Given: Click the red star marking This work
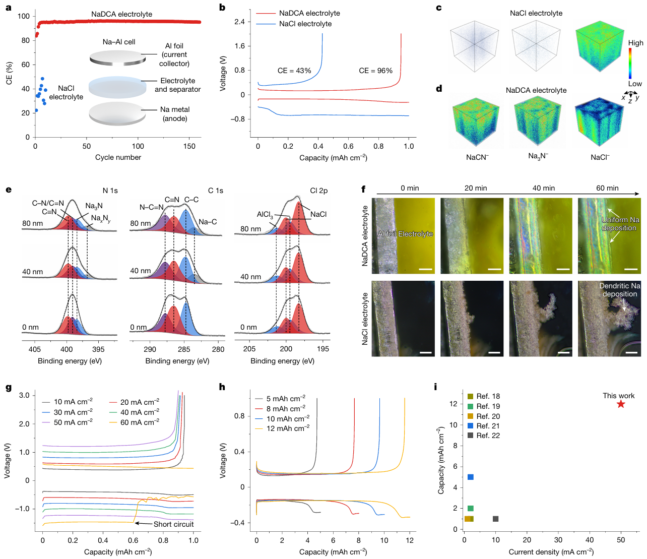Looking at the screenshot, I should pos(621,404).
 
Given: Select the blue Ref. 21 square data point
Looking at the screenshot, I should pos(471,477).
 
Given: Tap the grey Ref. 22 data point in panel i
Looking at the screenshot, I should pos(496,519).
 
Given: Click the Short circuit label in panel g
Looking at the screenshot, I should pos(173,524).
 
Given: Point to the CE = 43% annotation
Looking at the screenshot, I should pos(294,71).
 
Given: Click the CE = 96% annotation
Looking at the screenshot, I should pos(375,71).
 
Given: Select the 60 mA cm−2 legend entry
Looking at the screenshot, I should pos(140,422).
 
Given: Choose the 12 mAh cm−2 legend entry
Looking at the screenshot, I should pos(288,428).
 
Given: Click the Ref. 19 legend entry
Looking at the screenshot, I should pos(488,406).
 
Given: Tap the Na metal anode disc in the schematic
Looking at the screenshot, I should pos(117,113).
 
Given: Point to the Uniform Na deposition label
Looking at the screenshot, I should pos(620,224).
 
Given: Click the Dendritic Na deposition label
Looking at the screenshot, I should pos(620,290).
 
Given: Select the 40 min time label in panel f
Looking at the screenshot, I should pos(544,188).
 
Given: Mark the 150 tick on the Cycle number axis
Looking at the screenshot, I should pos(189,146).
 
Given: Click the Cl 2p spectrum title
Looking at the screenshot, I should pos(318,191).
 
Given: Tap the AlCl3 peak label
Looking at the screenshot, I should pos(265,214).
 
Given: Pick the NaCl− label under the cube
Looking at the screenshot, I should pos(600,157).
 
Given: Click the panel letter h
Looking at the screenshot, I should pos(222,387).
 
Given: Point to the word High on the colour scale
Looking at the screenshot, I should pos(635,43).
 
